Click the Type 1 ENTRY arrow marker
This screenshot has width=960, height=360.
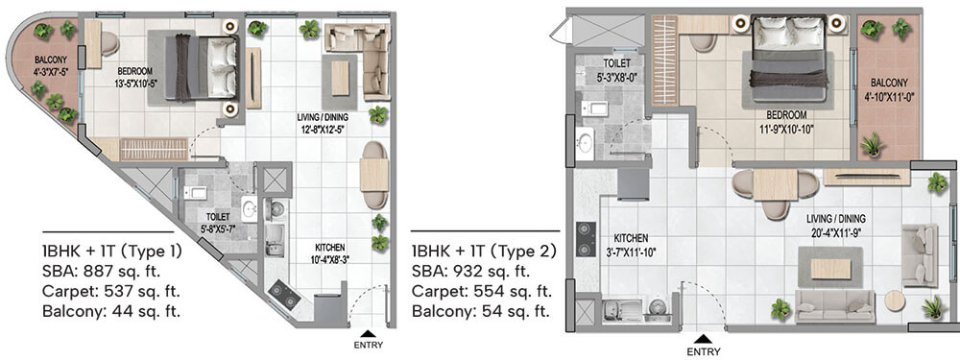pyautogui.click(x=368, y=334)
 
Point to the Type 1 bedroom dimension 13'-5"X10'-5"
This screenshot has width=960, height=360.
pyautogui.click(x=127, y=82)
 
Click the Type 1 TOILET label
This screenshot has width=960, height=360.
pyautogui.click(x=217, y=217)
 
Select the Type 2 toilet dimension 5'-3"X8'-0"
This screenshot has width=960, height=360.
pyautogui.click(x=614, y=78)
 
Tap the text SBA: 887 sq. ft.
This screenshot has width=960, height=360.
pyautogui.click(x=102, y=272)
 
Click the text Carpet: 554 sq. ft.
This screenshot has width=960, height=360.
pyautogui.click(x=482, y=292)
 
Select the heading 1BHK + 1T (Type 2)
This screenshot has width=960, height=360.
pyautogui.click(x=484, y=251)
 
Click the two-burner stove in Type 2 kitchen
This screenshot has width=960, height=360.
pyautogui.click(x=586, y=239)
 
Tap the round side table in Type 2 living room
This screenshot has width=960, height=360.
pyautogui.click(x=895, y=300)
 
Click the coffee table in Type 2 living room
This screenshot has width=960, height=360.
pyautogui.click(x=830, y=268)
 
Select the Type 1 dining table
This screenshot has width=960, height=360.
pyautogui.click(x=374, y=175)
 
